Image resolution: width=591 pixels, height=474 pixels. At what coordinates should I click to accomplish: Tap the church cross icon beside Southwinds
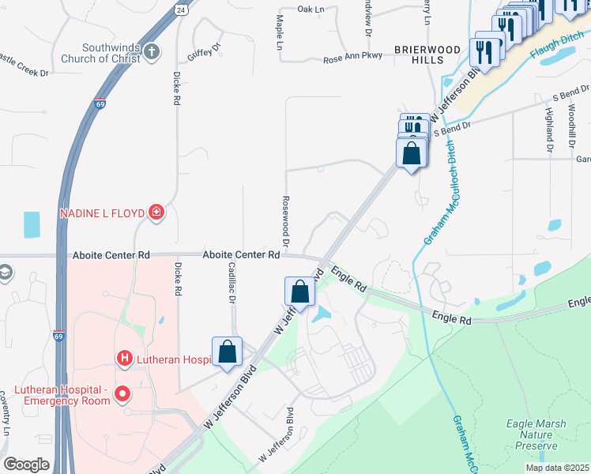pyautogui.click(x=152, y=51)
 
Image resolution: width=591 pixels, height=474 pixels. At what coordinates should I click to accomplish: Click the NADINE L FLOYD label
pyautogui.click(x=103, y=213)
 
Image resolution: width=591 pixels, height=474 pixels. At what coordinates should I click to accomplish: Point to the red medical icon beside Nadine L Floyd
pyautogui.click(x=156, y=212)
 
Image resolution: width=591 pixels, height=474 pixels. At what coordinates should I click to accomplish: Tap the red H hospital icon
pyautogui.click(x=123, y=359)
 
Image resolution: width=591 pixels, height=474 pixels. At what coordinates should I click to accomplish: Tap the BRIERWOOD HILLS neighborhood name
pyautogui.click(x=427, y=55)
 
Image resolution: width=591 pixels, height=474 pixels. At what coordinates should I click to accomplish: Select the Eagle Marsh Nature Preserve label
pyautogui.click(x=536, y=434)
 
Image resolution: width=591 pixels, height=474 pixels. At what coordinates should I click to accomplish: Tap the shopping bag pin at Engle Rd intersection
pyautogui.click(x=300, y=291)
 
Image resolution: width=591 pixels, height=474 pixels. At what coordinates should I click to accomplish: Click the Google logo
pyautogui.click(x=27, y=465)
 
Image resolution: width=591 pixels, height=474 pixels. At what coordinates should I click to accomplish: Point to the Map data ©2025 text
pyautogui.click(x=557, y=468)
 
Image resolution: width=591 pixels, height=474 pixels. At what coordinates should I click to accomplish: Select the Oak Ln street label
pyautogui.click(x=311, y=9)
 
